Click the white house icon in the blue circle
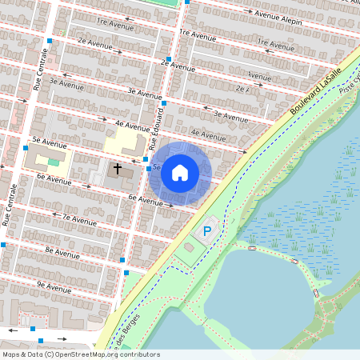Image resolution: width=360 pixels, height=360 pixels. tap(180, 173)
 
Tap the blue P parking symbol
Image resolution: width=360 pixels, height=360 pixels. tap(206, 231)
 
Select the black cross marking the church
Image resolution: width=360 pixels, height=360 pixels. tap(118, 169)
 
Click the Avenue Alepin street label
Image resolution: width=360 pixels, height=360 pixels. tap(280, 18)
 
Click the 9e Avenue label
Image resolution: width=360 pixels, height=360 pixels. tap(54, 286)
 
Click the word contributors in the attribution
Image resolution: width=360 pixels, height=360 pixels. tap(132, 354)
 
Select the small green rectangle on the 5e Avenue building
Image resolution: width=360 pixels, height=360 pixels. tap(53, 162)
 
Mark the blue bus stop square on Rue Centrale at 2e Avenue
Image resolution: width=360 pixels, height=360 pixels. tap(50, 40)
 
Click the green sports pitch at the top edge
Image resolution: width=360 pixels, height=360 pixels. tap(164, 2)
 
